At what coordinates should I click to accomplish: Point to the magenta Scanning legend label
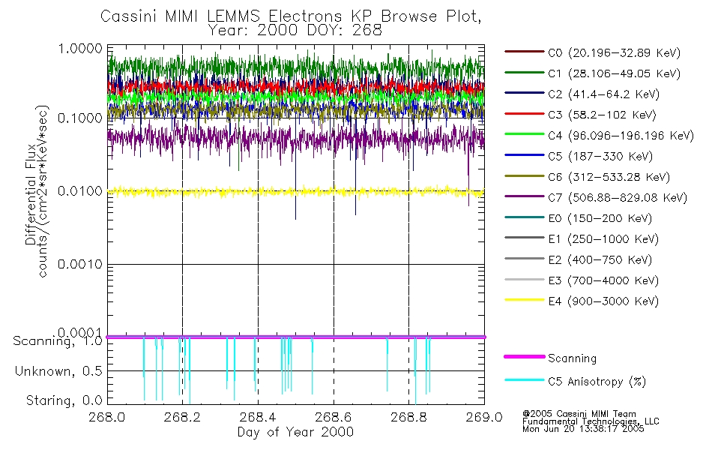(x=572, y=358)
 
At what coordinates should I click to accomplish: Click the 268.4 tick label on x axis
(x=257, y=418)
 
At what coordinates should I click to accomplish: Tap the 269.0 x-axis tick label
(x=483, y=418)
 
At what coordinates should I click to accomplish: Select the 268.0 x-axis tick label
(x=106, y=418)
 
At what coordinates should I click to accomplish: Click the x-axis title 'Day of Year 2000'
(x=295, y=433)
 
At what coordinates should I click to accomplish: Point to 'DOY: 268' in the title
(x=344, y=31)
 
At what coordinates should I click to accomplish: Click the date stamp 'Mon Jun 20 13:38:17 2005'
(x=583, y=430)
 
